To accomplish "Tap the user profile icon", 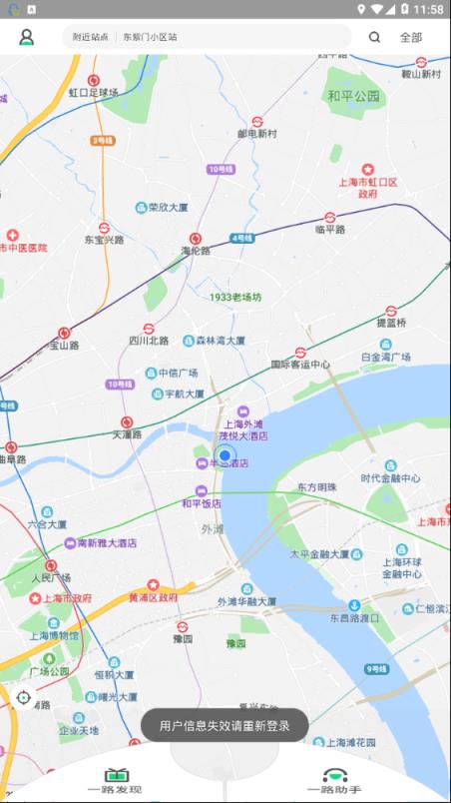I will point(27,37).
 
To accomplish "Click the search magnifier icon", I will point(374,37).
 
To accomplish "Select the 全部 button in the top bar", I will point(411,37).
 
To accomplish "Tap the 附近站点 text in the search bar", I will point(90,37).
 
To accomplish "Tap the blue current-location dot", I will point(225,456).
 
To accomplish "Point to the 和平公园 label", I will point(354,96).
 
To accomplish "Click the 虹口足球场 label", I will point(93,92).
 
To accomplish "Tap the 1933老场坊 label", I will point(235,297).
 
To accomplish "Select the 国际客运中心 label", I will point(300,365).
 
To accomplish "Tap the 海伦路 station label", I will point(196,251).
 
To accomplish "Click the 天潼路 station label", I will point(127,434).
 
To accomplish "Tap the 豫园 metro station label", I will point(183,637).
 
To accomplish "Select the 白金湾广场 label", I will point(386,357).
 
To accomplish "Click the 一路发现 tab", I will point(115,782).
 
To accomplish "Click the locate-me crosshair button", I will point(24,696).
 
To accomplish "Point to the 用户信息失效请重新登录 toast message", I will point(225,726).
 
